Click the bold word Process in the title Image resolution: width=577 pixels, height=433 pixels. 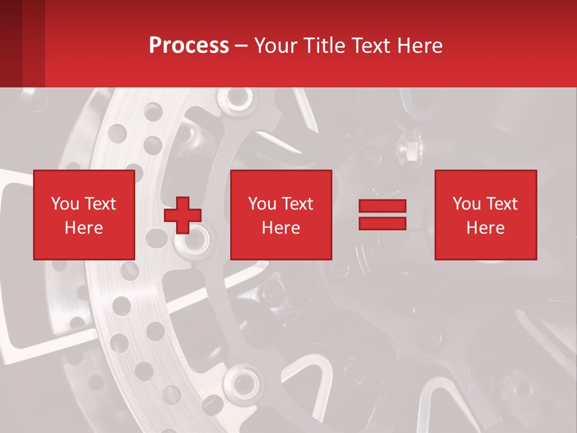(x=189, y=46)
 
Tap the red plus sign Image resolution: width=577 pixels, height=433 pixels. (x=183, y=215)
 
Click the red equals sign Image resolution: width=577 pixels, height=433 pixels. (x=382, y=215)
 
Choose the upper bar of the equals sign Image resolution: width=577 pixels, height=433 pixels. (x=382, y=206)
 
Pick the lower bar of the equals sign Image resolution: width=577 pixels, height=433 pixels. (x=382, y=223)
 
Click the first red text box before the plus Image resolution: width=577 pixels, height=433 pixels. (x=84, y=215)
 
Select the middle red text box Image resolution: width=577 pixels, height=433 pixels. (x=281, y=215)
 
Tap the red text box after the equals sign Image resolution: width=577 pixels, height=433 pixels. (x=485, y=215)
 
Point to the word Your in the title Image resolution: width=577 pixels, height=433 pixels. (x=275, y=46)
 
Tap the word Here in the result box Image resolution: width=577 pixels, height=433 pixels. (x=485, y=228)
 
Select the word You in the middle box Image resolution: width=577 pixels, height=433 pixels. (x=261, y=204)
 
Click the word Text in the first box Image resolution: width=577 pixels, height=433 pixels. (x=100, y=204)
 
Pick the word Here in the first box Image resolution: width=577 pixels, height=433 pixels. (x=84, y=228)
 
